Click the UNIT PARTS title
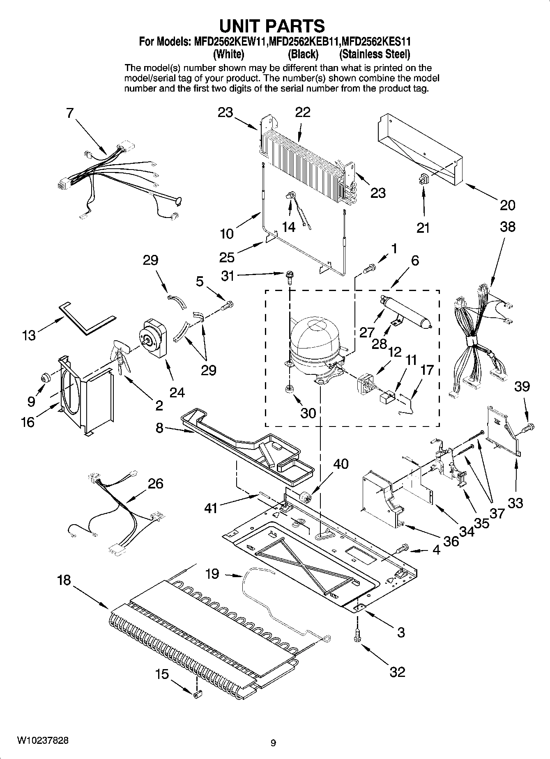[x=272, y=25]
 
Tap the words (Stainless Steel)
[x=374, y=54]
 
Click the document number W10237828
[x=43, y=740]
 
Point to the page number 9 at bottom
[x=274, y=742]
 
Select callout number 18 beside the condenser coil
[x=64, y=580]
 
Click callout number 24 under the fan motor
[x=177, y=392]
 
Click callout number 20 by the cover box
[x=507, y=205]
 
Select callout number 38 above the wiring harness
[x=507, y=227]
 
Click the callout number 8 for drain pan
[x=159, y=428]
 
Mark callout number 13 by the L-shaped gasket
[x=30, y=335]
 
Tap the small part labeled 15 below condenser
[x=197, y=693]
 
